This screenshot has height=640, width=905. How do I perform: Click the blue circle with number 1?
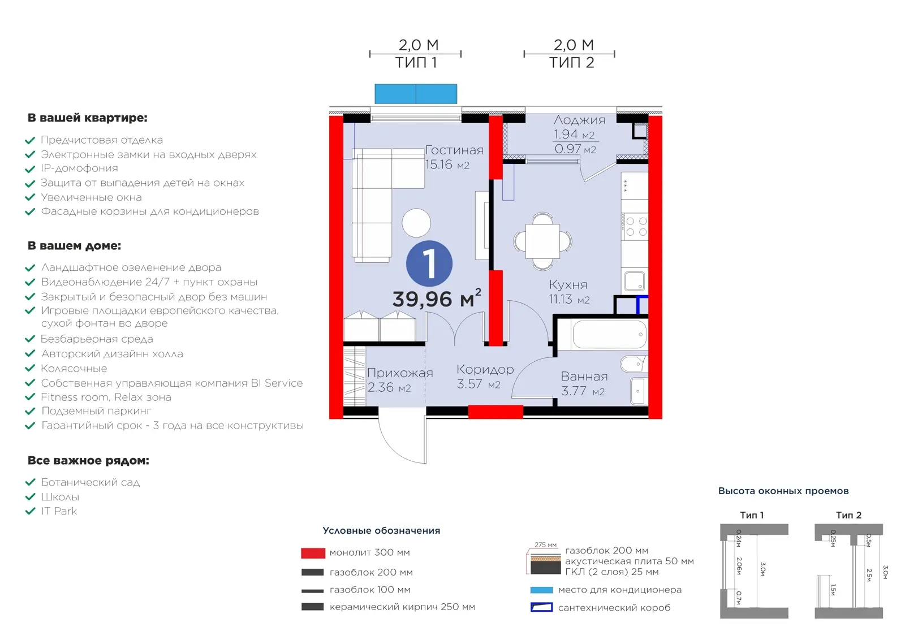pyautogui.click(x=429, y=263)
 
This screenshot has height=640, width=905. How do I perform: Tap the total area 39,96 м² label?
pyautogui.click(x=437, y=298)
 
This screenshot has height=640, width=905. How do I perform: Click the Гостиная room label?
pyautogui.click(x=455, y=150)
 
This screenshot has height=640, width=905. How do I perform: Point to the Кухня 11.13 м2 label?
pyautogui.click(x=569, y=292)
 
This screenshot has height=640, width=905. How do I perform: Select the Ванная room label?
pyautogui.click(x=584, y=377)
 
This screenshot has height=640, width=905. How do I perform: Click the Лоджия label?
pyautogui.click(x=579, y=120)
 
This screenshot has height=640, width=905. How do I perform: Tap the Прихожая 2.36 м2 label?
pyautogui.click(x=400, y=379)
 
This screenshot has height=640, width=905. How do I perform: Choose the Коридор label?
pyautogui.click(x=485, y=369)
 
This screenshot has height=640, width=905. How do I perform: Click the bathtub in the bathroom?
pyautogui.click(x=609, y=334)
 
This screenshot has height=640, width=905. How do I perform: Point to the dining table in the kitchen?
pyautogui.click(x=542, y=241)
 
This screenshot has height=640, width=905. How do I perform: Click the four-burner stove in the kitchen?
pyautogui.click(x=635, y=226)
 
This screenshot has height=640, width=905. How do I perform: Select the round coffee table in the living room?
pyautogui.click(x=416, y=223)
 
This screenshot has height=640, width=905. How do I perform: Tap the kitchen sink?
pyautogui.click(x=635, y=281)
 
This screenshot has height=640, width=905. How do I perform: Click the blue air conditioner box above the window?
pyautogui.click(x=416, y=94)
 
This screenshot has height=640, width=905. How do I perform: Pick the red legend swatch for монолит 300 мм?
pyautogui.click(x=313, y=553)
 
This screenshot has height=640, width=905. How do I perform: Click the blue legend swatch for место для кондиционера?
pyautogui.click(x=541, y=590)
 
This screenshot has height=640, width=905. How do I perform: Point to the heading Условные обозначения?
pyautogui.click(x=381, y=530)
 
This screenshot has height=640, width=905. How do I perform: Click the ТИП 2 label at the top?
pyautogui.click(x=571, y=63)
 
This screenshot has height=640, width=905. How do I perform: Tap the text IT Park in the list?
pyautogui.click(x=59, y=511)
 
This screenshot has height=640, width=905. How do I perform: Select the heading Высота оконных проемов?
pyautogui.click(x=783, y=491)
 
